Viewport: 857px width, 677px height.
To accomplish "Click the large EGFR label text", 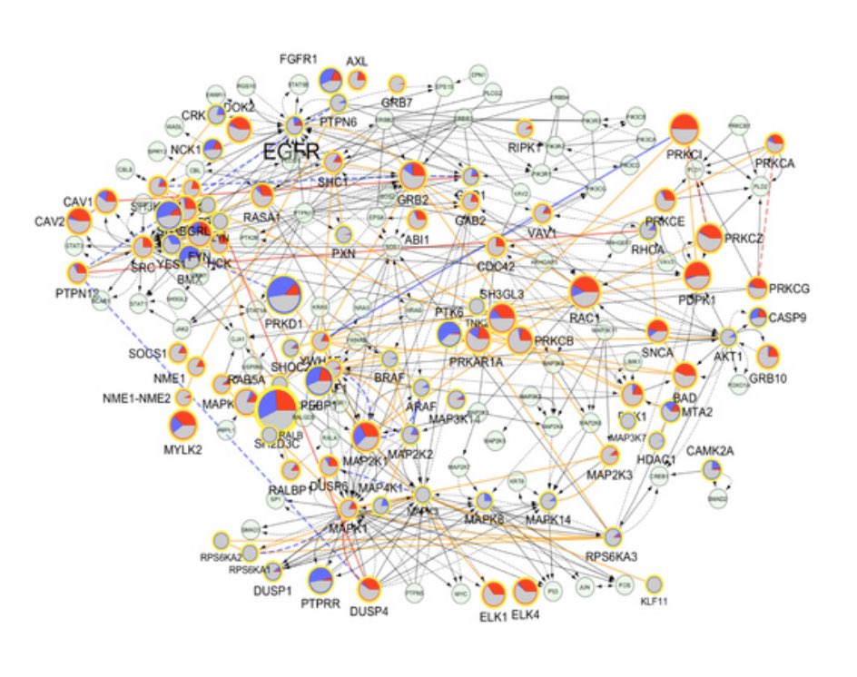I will pos(291,152).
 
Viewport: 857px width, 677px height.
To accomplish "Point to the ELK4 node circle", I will pos(526,592).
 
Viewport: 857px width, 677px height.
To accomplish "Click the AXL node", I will pos(357,82).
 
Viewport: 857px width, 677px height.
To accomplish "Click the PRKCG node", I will pos(758,289).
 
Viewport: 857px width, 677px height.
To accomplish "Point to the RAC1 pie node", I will pos(586,292).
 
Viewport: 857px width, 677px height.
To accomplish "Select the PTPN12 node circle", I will pos(77,273).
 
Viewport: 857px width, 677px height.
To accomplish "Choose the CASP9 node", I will pos(757,318).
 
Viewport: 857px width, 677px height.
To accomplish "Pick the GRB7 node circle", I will pos(397,84).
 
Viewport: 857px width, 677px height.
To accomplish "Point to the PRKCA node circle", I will pos(774,143).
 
